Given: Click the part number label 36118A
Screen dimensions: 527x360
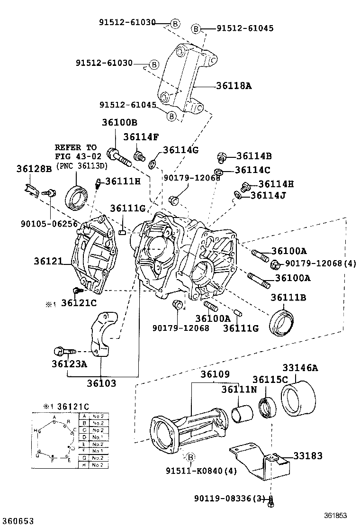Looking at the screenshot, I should (x=234, y=86).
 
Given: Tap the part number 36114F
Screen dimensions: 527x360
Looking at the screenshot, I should (x=141, y=137).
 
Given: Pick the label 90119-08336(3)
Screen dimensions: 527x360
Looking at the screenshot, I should (x=230, y=499).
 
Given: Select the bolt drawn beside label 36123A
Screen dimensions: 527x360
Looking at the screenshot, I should (x=63, y=352).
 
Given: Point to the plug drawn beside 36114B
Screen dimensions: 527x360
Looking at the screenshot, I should (x=220, y=157).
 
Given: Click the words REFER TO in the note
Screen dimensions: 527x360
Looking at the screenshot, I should (x=75, y=147).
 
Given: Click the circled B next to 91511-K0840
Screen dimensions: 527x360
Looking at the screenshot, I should (x=190, y=457).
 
